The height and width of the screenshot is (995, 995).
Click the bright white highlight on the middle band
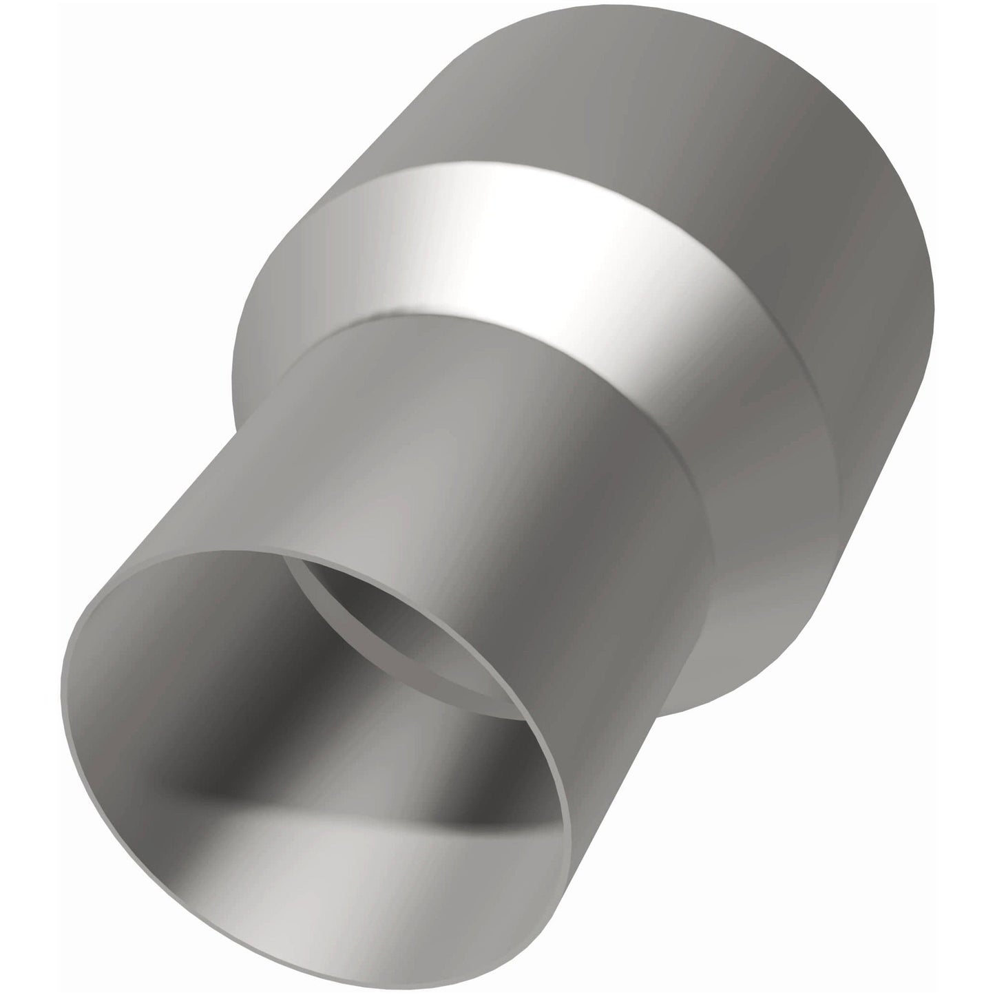tap(551, 227)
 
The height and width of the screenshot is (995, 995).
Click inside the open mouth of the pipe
tap(310, 723)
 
